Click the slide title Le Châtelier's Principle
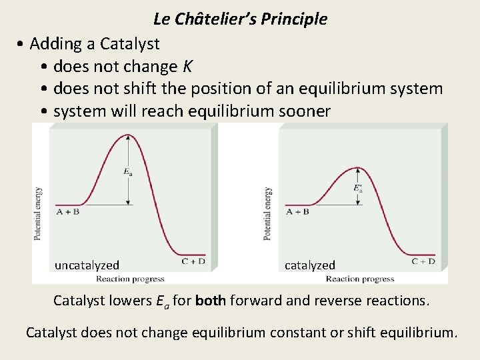[x=240, y=19]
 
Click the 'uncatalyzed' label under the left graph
[x=87, y=265]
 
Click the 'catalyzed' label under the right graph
[x=309, y=265]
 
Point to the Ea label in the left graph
[x=127, y=171]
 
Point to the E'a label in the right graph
[x=358, y=188]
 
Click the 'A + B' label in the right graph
[x=297, y=212]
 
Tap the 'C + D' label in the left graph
[x=193, y=262]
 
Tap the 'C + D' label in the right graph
[x=423, y=261]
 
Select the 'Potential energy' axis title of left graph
[x=38, y=213]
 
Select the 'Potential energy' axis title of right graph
[x=267, y=213]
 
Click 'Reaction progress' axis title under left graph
[x=130, y=279]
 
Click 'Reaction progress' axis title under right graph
[x=360, y=279]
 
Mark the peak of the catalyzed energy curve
[x=359, y=167]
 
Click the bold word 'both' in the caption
[x=211, y=301]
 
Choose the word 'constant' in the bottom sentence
[x=300, y=332]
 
